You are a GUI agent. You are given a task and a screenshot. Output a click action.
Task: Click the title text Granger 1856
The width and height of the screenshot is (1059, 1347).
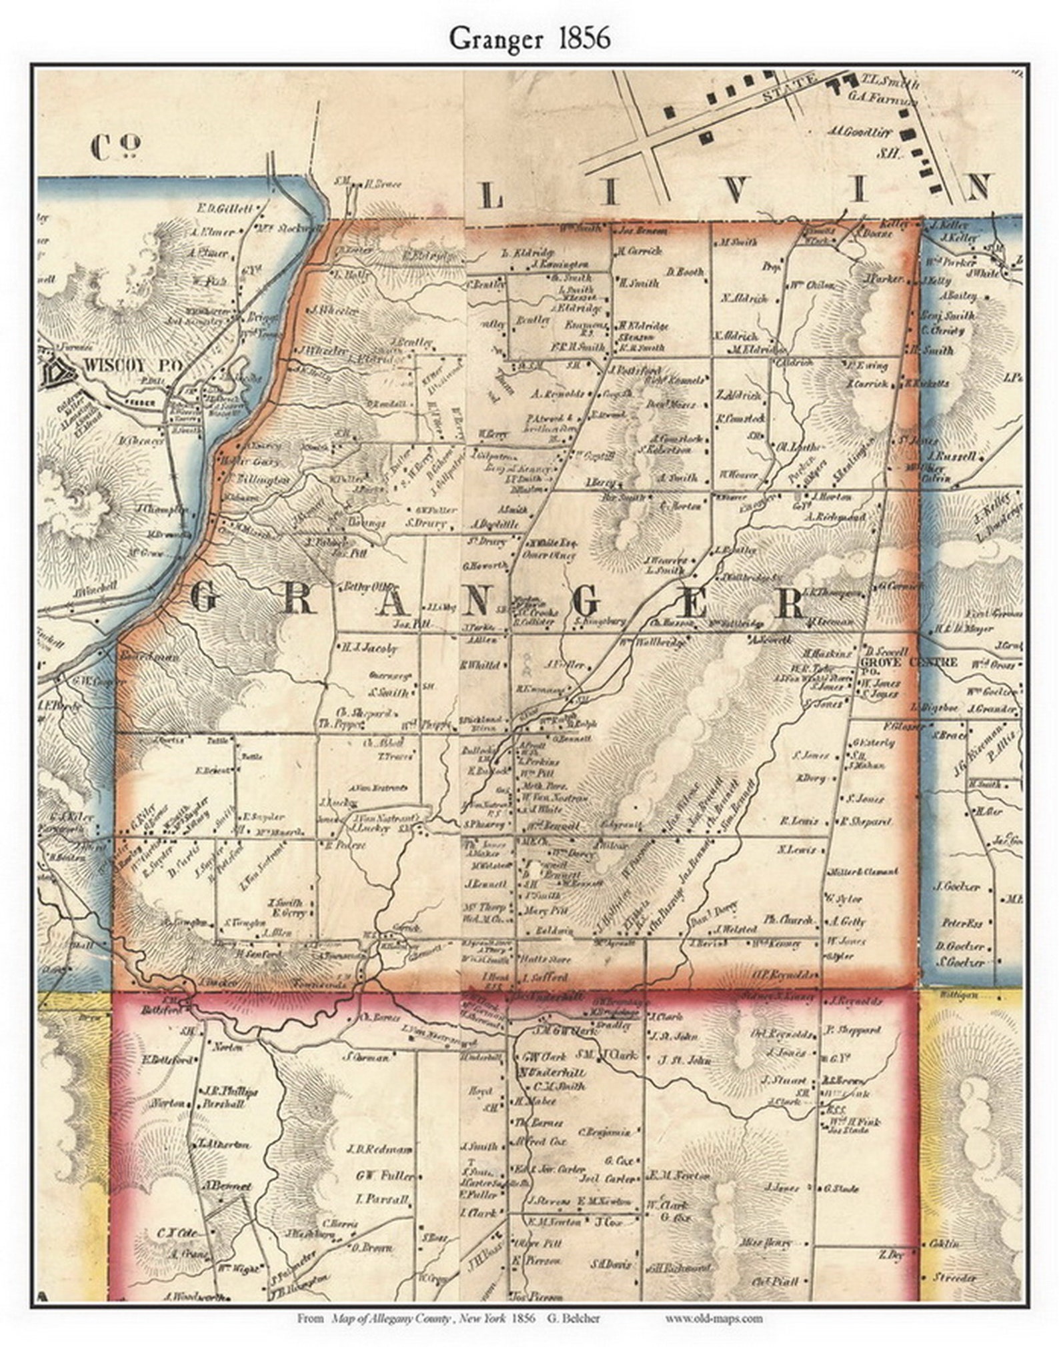(529, 39)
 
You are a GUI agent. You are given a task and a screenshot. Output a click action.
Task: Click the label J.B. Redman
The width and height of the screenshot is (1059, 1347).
(379, 1149)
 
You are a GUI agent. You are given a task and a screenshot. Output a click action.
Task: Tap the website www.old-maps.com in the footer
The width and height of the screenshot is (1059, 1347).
(714, 1318)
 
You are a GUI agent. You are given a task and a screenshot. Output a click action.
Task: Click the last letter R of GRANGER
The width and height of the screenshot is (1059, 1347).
(792, 603)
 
